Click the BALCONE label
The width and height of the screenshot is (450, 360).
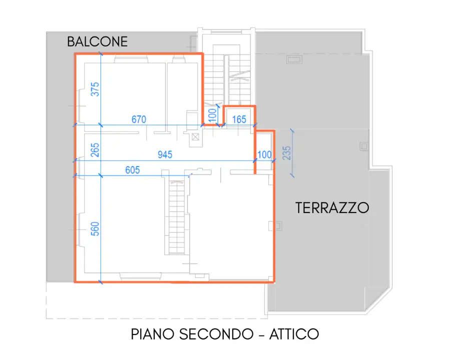[x=98, y=41]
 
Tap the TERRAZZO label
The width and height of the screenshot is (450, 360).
[x=332, y=207]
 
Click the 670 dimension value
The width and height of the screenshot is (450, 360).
[x=139, y=119]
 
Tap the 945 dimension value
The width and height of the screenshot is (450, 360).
[x=165, y=155]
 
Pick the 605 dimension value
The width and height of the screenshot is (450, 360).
[x=132, y=170]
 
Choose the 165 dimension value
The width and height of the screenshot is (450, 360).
[x=239, y=119]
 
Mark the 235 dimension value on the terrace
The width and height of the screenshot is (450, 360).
[x=286, y=152]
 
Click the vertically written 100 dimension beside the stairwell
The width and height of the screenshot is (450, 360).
[x=212, y=115]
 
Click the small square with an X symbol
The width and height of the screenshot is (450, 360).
[x=195, y=136]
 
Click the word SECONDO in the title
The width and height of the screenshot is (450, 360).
[x=217, y=334]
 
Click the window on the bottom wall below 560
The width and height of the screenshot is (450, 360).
[x=140, y=274]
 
